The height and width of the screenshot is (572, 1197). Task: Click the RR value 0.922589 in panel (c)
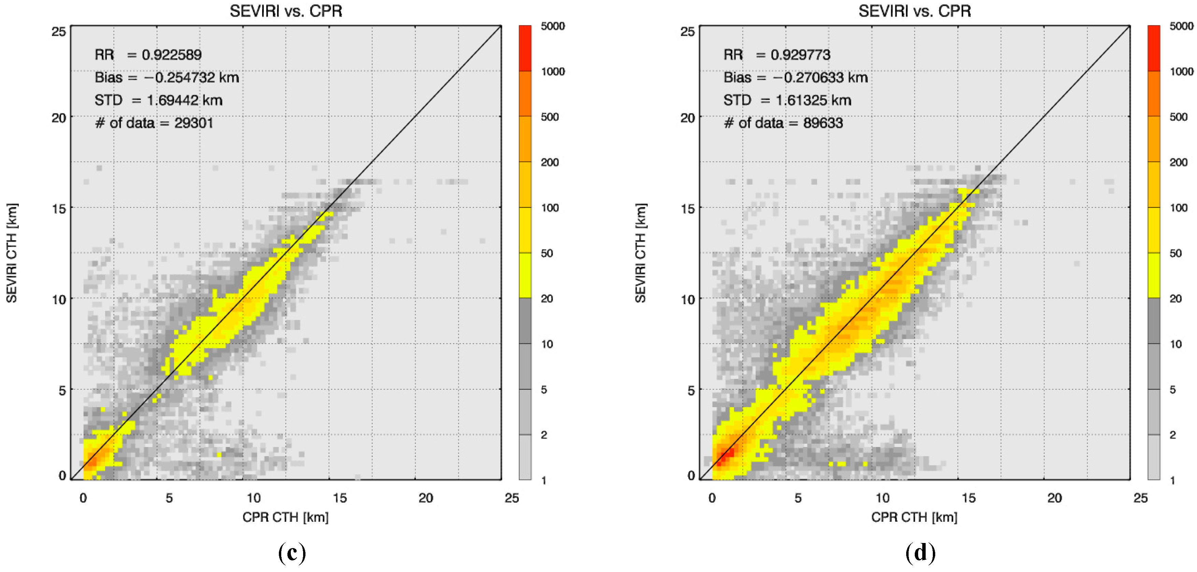(x=171, y=55)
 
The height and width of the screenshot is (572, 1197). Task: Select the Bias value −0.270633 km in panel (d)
(x=820, y=77)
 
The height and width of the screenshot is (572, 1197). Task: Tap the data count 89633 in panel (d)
(x=823, y=123)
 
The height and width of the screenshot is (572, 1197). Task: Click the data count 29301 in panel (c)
(x=194, y=123)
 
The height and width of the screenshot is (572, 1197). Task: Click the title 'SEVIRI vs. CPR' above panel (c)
(x=286, y=11)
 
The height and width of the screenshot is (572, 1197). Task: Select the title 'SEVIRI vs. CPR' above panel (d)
(x=914, y=11)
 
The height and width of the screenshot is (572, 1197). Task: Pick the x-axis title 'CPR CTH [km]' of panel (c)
(x=285, y=517)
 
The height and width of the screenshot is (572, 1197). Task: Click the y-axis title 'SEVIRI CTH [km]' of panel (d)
(x=640, y=253)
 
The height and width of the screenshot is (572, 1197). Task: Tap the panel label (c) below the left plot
(x=292, y=553)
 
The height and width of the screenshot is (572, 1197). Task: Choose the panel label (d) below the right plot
(x=921, y=553)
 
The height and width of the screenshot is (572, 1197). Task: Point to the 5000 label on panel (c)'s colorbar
(x=553, y=26)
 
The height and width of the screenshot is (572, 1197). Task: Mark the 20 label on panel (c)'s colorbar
(x=547, y=299)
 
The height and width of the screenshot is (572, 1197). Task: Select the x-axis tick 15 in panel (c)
(x=340, y=498)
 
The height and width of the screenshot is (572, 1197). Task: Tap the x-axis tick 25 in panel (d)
(x=1140, y=498)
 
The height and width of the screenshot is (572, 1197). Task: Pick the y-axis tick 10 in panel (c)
(x=59, y=299)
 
